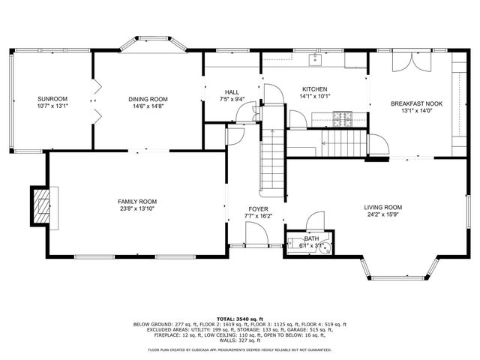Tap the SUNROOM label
pos(53,99)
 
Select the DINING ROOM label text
pos(148,99)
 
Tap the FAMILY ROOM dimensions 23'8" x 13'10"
pos(136,209)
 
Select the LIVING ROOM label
pos(383,208)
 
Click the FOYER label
pos(258,208)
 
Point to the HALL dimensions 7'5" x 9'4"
pos(232,99)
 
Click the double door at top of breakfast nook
pos(411,62)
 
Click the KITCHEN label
pos(315,88)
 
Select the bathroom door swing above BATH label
pos(315,220)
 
